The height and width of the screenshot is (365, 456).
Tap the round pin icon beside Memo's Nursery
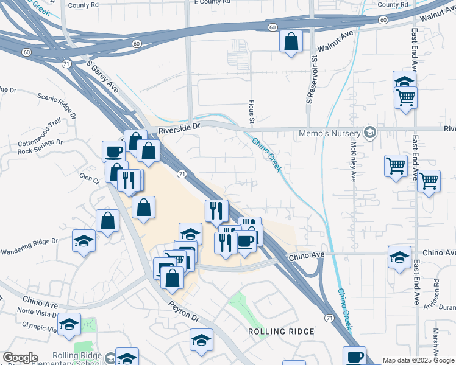click(x=369, y=133)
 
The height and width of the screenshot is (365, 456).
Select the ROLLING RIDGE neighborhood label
click(x=281, y=332)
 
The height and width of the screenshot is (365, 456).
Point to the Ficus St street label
click(x=251, y=111)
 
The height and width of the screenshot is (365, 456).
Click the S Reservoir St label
click(x=309, y=78)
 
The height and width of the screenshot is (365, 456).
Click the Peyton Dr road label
click(x=183, y=311)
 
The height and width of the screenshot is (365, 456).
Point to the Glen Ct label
click(x=89, y=180)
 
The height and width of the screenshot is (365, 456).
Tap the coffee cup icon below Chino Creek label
click(x=354, y=356)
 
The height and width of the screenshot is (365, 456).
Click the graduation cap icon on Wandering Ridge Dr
click(x=84, y=241)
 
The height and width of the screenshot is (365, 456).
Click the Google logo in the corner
click(x=20, y=358)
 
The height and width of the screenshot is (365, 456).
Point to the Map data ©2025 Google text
click(x=418, y=361)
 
